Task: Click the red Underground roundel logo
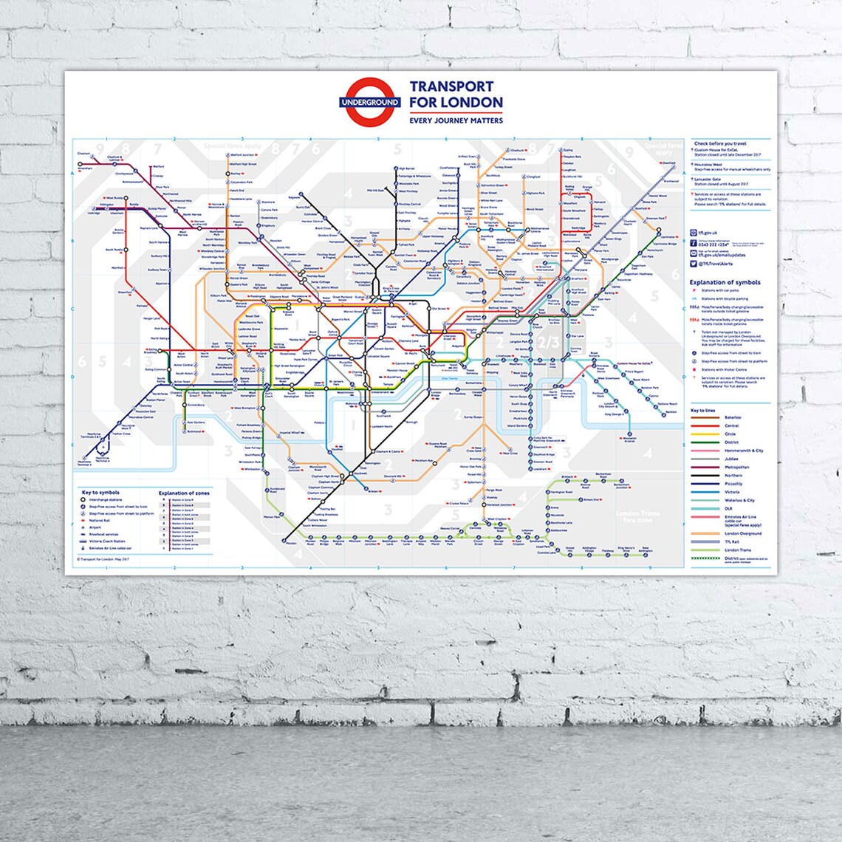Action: pyautogui.click(x=369, y=101)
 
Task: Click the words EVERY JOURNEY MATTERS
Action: pyautogui.click(x=456, y=120)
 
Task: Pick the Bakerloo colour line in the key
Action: pyautogui.click(x=707, y=417)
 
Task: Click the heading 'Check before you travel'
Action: pyautogui.click(x=720, y=143)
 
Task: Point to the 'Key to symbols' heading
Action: pyautogui.click(x=101, y=492)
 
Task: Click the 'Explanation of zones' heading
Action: pyautogui.click(x=184, y=493)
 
